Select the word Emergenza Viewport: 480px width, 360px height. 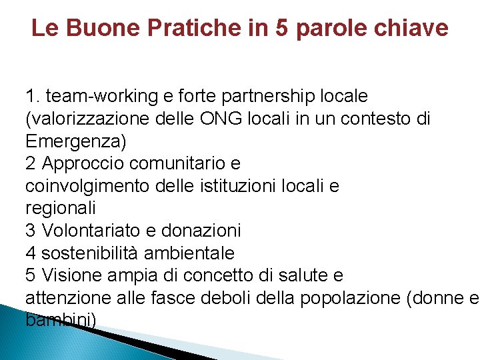point(75,141)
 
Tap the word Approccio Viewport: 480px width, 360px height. point(85,163)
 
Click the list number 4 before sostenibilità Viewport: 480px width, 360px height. point(30,253)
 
